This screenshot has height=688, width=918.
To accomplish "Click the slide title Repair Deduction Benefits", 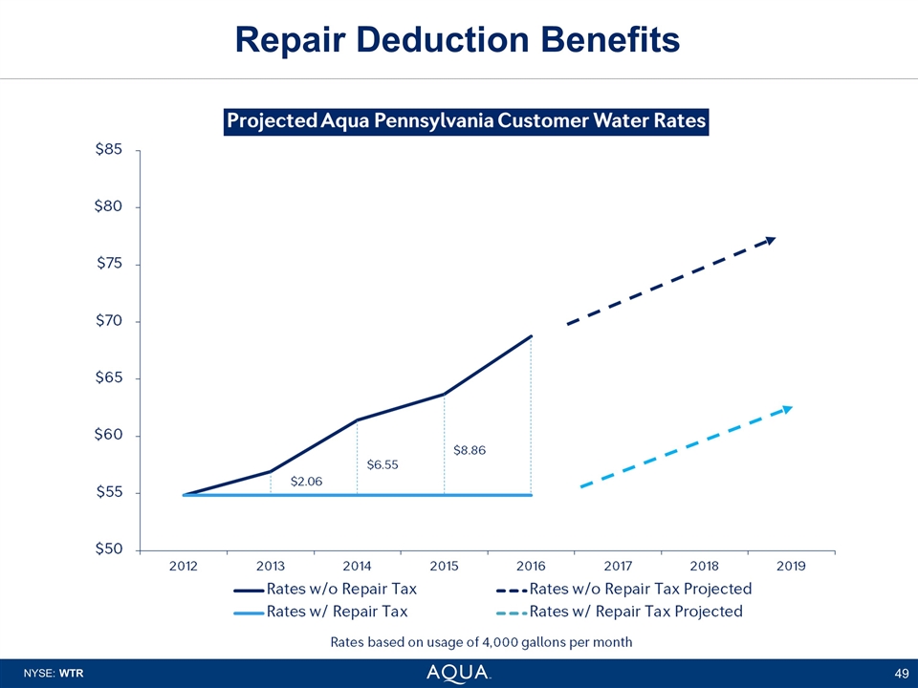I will [x=458, y=39].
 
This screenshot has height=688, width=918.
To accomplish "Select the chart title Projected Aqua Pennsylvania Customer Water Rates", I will [x=466, y=122].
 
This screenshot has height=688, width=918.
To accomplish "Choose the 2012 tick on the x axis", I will [x=184, y=566].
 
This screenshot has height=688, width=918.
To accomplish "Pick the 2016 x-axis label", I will [x=531, y=566].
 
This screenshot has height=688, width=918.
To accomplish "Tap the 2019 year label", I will [x=791, y=566].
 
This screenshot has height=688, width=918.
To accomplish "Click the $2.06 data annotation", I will [x=306, y=481].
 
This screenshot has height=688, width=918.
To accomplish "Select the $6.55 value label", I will [x=382, y=464].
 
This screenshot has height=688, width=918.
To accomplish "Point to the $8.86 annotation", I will [x=470, y=449].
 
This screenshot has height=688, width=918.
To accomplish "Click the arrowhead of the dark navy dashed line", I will [x=771, y=239].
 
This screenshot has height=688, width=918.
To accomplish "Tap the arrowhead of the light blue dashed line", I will [x=787, y=409].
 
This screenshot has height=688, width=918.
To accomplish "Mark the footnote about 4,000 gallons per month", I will [x=481, y=641].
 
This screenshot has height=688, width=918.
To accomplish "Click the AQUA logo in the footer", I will [x=459, y=672].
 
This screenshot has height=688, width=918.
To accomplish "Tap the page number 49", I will [x=900, y=674].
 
